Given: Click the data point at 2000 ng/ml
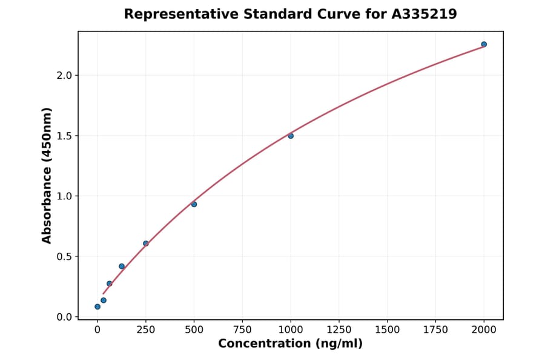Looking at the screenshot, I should tap(484, 44).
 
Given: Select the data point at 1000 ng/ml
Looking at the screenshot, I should tap(291, 136).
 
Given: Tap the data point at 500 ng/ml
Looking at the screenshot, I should tap(194, 204).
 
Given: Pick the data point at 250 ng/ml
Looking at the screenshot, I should tap(146, 244).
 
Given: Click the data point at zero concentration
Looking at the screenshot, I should tap(97, 307).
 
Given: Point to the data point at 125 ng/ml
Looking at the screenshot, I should tap(122, 267).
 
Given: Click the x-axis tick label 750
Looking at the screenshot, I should tap(242, 330).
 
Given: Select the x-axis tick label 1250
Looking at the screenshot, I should tap(339, 330).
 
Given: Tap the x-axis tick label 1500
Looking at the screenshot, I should tap(387, 330).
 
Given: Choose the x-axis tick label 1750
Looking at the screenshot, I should tap(435, 330).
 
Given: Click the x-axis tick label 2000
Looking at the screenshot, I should tap(484, 330).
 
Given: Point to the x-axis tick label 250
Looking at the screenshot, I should tap(146, 330).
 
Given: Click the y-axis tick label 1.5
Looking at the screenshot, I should tap(64, 136).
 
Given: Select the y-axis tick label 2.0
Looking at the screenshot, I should tap(64, 75).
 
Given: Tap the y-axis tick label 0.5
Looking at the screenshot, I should tap(64, 256).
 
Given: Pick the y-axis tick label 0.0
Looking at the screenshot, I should tap(64, 317).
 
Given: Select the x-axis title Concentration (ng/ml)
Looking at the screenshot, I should tap(290, 344).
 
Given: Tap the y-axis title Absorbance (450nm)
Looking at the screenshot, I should tap(47, 175).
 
